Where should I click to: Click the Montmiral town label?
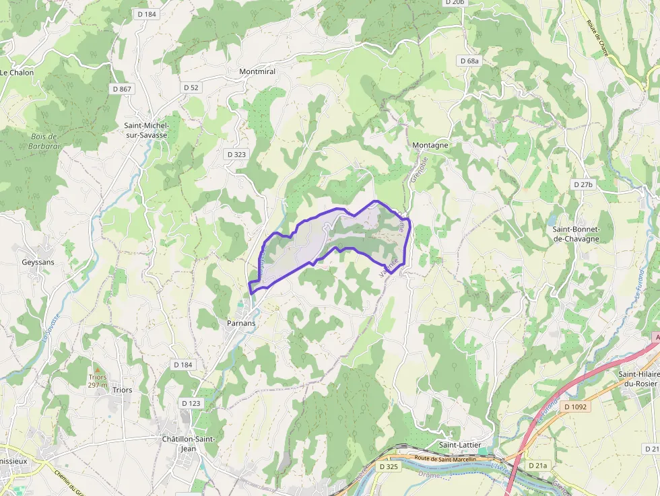click(257, 71)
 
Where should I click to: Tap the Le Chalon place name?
click(17, 73)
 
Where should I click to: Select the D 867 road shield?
click(122, 89)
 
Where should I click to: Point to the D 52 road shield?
click(191, 87)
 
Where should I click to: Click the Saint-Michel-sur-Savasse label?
click(147, 130)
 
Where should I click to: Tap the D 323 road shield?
click(236, 154)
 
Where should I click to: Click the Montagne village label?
click(430, 145)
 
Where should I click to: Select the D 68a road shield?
click(469, 61)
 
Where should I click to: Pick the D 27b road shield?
click(583, 184)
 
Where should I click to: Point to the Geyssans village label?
click(38, 262)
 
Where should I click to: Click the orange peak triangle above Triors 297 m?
click(98, 369)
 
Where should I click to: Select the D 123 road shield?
click(191, 403)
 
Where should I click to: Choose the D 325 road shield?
click(389, 466)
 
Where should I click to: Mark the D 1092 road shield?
click(576, 406)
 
